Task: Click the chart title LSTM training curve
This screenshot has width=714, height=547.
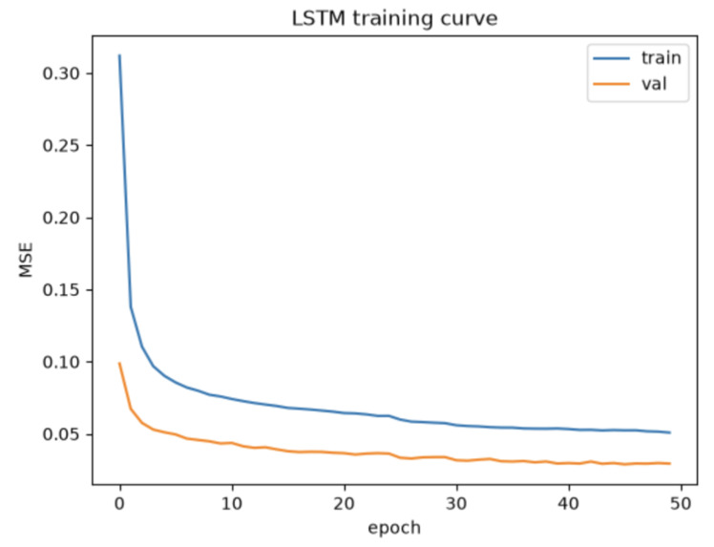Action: [x=394, y=19]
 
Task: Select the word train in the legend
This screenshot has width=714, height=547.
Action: [x=661, y=58]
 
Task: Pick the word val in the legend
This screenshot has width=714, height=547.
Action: [x=654, y=84]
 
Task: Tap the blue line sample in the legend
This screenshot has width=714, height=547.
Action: [x=612, y=58]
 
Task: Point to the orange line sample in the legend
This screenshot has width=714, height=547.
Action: [x=612, y=84]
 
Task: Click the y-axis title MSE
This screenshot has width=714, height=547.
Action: [x=26, y=260]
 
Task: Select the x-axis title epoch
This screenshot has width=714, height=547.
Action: [x=394, y=528]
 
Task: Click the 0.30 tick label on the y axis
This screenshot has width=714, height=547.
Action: [x=61, y=74]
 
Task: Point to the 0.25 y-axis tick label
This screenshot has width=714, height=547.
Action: [x=61, y=146]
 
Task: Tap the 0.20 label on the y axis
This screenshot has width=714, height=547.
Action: [x=61, y=218]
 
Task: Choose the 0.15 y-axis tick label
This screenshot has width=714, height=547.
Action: [x=61, y=290]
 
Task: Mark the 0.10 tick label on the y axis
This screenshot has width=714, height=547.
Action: [x=61, y=362]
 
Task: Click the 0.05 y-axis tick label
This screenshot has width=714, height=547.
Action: [x=61, y=434]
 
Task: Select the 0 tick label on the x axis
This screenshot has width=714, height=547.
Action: [x=119, y=504]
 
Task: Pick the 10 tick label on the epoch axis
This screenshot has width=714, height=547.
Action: [x=232, y=504]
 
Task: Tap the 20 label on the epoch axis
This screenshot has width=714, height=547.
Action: [x=345, y=504]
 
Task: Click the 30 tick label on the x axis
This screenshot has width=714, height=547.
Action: [x=456, y=504]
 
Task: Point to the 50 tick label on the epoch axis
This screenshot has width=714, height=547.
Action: [x=681, y=504]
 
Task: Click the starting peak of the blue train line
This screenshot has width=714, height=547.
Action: [x=119, y=55]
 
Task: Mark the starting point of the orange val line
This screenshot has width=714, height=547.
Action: [x=119, y=363]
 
